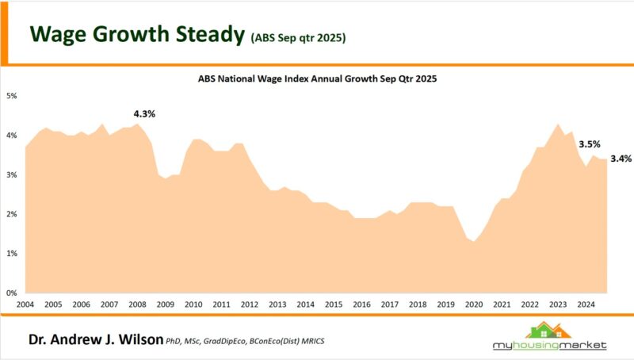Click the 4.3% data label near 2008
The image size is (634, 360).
point(143,113)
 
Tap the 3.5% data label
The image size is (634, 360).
point(589,144)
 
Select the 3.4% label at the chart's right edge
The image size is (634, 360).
point(621,159)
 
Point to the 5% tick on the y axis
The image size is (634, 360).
point(12,96)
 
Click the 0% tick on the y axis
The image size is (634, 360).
point(12,293)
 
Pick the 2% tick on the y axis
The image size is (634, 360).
point(12,214)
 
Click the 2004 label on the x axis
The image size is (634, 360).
point(25,304)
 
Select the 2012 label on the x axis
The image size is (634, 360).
point(249,304)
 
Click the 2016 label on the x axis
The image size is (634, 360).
point(361,304)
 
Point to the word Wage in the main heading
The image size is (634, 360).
point(59,34)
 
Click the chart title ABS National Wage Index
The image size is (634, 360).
point(317,79)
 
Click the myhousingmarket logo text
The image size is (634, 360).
point(548,346)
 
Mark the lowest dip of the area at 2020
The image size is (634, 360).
point(475,241)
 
